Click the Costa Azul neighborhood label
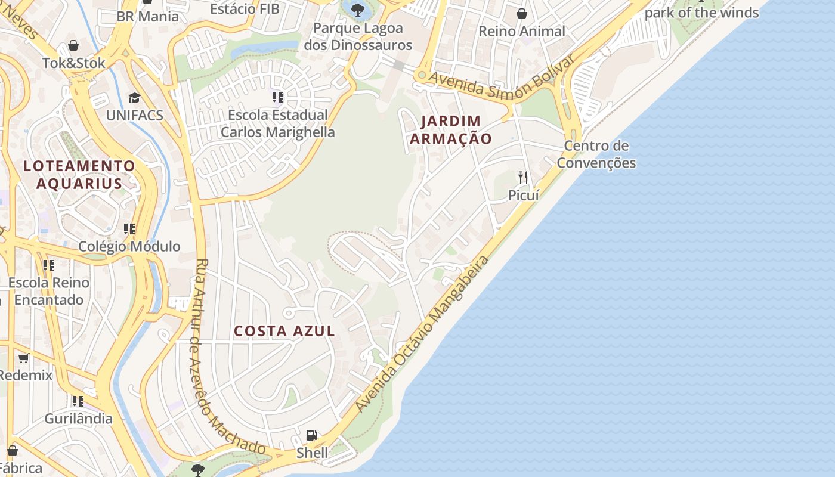click(284, 331)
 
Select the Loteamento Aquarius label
click(79, 174)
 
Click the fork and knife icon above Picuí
click(523, 177)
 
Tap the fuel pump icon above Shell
click(311, 435)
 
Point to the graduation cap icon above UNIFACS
click(134, 98)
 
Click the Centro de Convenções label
click(596, 154)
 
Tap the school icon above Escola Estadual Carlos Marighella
click(277, 97)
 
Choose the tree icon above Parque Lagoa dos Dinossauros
click(357, 10)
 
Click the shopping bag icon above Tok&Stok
click(73, 45)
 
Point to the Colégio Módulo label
click(129, 246)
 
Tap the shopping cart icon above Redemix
click(23, 358)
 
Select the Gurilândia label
click(78, 418)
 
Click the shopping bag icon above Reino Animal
click(522, 14)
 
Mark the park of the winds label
click(701, 12)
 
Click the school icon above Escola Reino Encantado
click(49, 265)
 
